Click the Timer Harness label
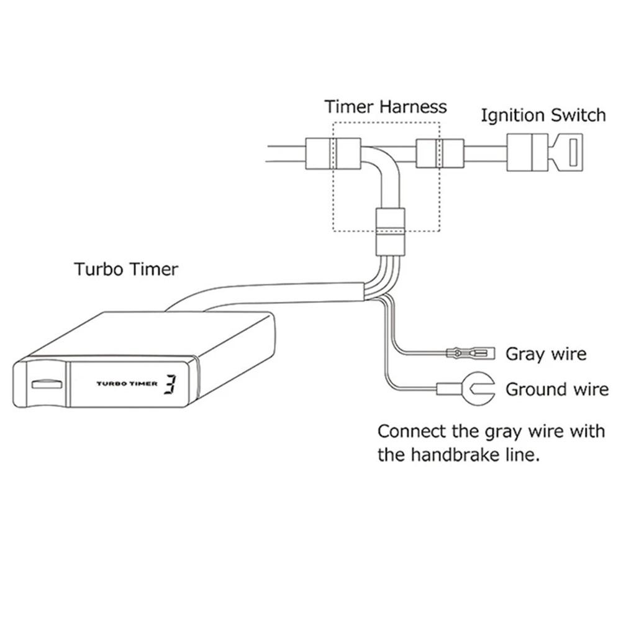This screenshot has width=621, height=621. pyautogui.click(x=386, y=106)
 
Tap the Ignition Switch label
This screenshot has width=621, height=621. pyautogui.click(x=543, y=116)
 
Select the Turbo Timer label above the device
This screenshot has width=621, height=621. pyautogui.click(x=126, y=270)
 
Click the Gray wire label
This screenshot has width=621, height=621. pyautogui.click(x=546, y=354)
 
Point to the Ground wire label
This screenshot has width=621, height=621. pyautogui.click(x=557, y=389)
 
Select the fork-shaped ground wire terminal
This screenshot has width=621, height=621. pyautogui.click(x=478, y=390)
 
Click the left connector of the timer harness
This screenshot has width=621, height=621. pyautogui.click(x=333, y=152)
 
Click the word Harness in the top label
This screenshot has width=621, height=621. pyautogui.click(x=414, y=106)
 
